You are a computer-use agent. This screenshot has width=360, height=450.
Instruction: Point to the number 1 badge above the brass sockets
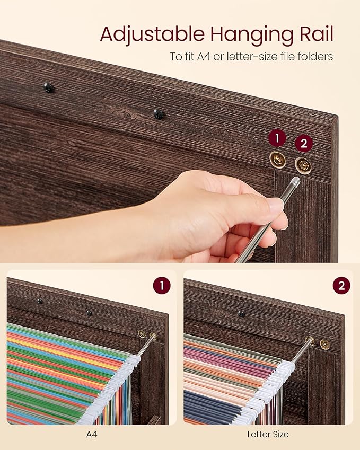(x=277, y=139)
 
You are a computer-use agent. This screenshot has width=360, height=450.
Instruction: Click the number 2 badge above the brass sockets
(x=304, y=143)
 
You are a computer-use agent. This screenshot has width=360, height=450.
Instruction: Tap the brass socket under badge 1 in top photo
(x=277, y=158)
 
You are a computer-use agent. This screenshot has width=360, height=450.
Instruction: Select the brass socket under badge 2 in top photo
(x=303, y=165)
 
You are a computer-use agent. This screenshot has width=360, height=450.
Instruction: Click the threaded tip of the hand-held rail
(x=294, y=183)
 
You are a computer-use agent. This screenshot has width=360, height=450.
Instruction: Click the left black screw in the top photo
(x=48, y=87)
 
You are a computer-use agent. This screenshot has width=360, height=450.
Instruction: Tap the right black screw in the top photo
(x=158, y=113)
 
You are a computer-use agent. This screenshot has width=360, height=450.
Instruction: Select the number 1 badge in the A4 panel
(x=162, y=286)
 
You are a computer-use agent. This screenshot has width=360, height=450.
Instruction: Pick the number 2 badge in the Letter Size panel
(x=341, y=286)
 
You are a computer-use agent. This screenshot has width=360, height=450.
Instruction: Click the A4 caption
(x=91, y=435)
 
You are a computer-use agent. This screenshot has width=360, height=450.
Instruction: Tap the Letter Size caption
(x=268, y=435)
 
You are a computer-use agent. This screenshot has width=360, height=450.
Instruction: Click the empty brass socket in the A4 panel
(x=142, y=333)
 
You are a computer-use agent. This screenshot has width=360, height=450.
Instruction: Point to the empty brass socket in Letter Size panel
(x=324, y=345)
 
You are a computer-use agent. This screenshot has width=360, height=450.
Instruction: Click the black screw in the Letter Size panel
(x=241, y=314)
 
